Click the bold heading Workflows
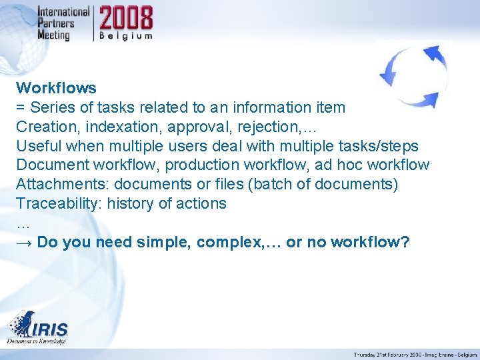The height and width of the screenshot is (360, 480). tap(56, 88)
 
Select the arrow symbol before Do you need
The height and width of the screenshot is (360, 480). tap(24, 243)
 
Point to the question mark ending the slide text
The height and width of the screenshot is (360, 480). tap(405, 243)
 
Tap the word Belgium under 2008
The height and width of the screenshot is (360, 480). tap(127, 36)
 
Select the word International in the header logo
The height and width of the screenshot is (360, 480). tap(63, 12)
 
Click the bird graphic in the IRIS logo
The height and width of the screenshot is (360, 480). tap(23, 323)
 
